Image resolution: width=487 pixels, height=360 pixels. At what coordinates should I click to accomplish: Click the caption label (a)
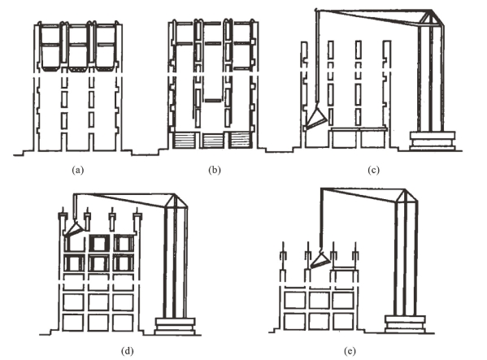(x=78, y=170)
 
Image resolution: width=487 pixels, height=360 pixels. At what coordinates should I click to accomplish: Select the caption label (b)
(x=215, y=170)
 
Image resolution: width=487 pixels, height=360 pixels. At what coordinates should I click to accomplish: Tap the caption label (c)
(x=373, y=170)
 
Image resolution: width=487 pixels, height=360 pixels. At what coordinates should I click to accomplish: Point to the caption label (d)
(x=128, y=351)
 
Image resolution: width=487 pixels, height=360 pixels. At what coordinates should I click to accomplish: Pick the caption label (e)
(x=350, y=351)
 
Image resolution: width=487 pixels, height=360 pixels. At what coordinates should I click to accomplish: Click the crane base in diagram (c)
(x=433, y=141)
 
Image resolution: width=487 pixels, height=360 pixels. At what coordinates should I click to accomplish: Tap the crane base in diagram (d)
(x=175, y=326)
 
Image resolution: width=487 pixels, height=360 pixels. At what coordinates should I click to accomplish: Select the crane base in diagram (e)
(x=405, y=324)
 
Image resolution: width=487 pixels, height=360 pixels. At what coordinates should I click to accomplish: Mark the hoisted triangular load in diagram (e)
(x=320, y=260)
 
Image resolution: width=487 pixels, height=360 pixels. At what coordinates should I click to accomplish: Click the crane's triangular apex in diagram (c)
(x=431, y=17)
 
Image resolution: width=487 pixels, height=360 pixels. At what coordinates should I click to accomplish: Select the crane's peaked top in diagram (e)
(x=405, y=195)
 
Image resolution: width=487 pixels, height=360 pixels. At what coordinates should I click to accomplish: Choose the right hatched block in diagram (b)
(x=240, y=141)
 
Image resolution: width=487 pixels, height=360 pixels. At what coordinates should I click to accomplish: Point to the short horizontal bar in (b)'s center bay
(x=213, y=100)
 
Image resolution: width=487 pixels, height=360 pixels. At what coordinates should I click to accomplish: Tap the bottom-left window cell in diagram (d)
(x=73, y=323)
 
